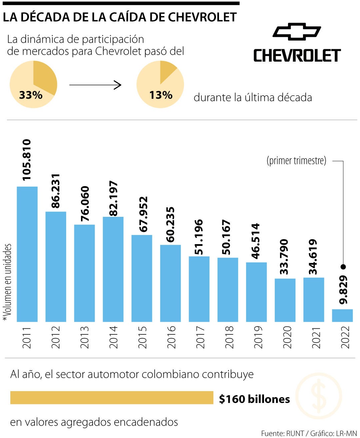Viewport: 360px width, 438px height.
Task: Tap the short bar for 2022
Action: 342,315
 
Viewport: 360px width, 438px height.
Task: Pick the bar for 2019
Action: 256,292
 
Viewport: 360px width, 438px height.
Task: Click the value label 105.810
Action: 27,160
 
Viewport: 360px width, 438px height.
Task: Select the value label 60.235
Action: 170,225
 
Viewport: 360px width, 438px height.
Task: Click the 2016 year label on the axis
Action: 171,337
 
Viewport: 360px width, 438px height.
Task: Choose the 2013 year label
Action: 85,337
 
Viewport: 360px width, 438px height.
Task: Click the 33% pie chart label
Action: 31,95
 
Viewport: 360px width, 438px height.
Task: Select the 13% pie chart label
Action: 161,95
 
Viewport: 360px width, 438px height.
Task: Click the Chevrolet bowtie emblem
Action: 297,32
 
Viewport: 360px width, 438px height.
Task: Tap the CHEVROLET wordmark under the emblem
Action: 297,56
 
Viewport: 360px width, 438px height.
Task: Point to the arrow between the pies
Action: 95,85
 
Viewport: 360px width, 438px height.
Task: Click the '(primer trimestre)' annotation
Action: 296,161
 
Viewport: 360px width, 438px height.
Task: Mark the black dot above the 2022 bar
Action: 343,267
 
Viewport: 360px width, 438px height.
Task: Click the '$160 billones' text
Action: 254,399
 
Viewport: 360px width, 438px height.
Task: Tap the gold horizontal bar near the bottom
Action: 112,398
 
